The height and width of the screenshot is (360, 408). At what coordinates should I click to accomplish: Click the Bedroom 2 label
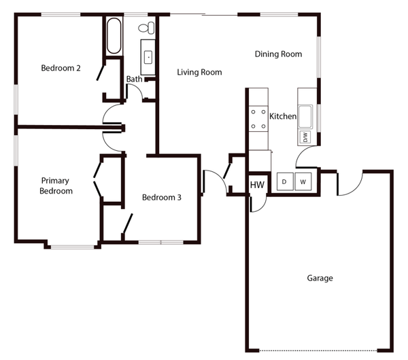click(x=61, y=68)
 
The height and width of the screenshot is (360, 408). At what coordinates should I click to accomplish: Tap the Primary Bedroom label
click(x=56, y=185)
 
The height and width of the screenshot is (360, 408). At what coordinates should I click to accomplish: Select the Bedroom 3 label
click(x=161, y=198)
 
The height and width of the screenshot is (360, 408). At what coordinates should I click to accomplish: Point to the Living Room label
click(x=199, y=72)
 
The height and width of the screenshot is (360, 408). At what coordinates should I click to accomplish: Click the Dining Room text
click(x=278, y=54)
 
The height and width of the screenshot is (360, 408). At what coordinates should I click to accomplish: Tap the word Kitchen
click(x=283, y=116)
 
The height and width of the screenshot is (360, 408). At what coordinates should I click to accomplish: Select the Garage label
click(x=320, y=278)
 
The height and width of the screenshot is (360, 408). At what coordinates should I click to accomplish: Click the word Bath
click(x=134, y=79)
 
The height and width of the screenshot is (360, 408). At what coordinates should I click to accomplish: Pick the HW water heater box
click(x=257, y=185)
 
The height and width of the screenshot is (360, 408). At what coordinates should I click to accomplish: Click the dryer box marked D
click(x=284, y=182)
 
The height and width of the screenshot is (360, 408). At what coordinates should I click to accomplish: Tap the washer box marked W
click(x=303, y=182)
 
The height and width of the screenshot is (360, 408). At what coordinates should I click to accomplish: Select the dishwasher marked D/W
click(x=305, y=137)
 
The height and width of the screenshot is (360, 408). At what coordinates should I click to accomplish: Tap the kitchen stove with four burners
click(x=258, y=119)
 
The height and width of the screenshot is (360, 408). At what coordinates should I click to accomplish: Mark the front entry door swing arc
click(x=214, y=181)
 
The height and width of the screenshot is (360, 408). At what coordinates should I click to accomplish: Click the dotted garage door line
click(x=320, y=350)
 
